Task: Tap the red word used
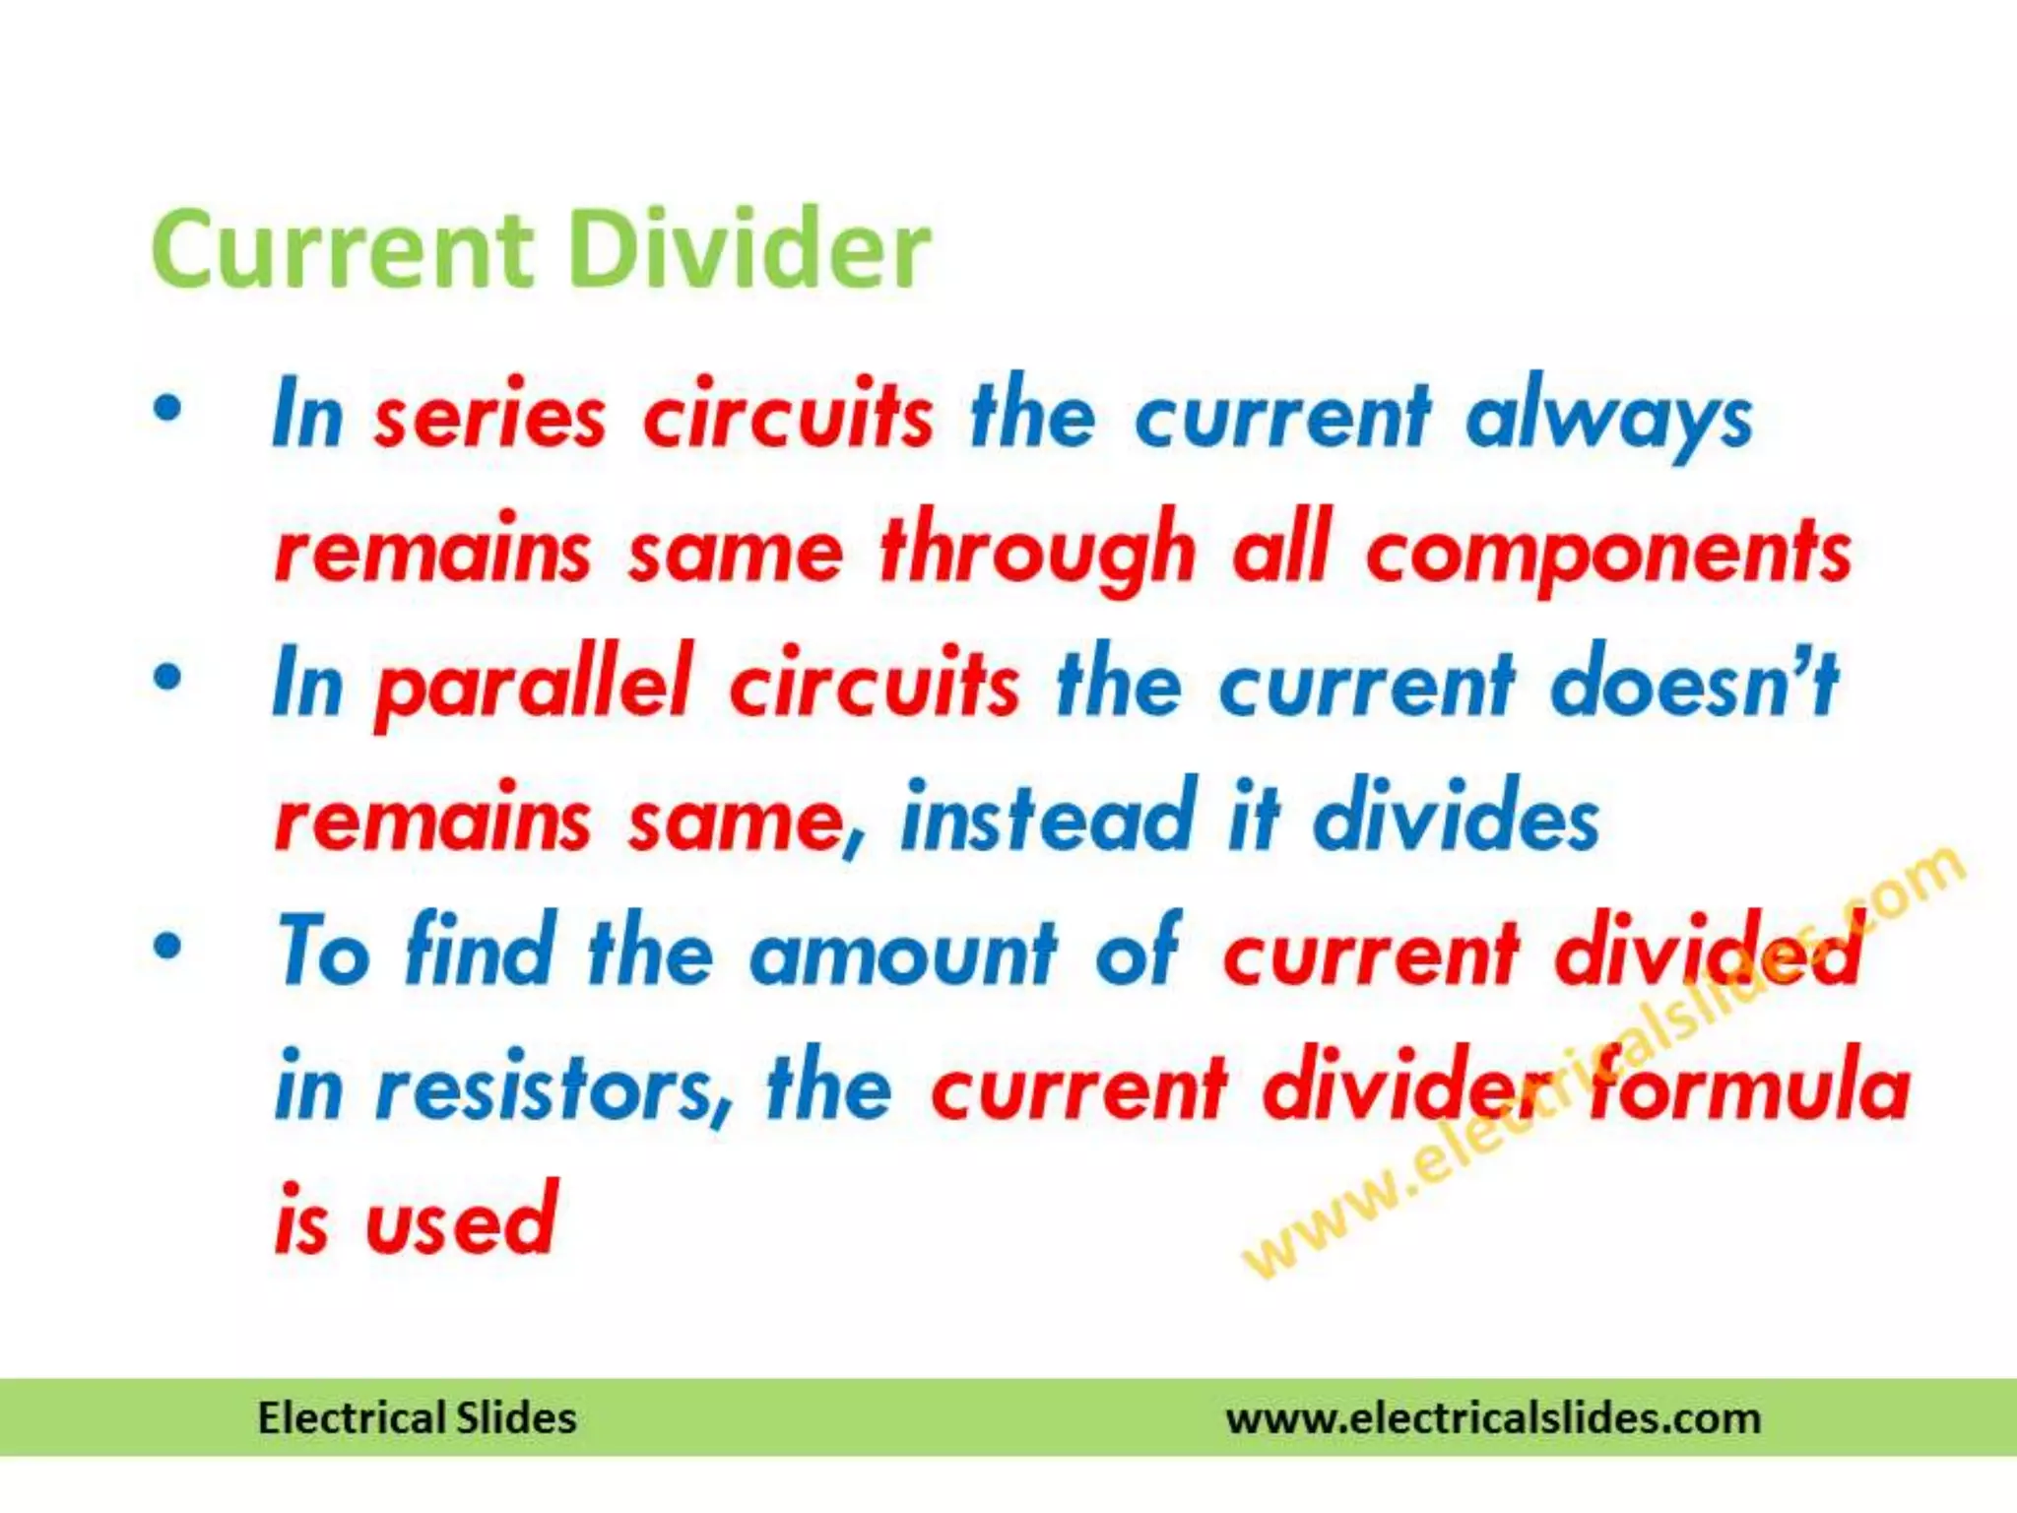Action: pyautogui.click(x=461, y=1221)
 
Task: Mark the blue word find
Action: pyautogui.click(x=481, y=952)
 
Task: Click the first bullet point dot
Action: pyautogui.click(x=168, y=409)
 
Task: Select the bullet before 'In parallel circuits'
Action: pyautogui.click(x=168, y=678)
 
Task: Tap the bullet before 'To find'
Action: pyautogui.click(x=168, y=947)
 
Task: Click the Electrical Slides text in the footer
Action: pyautogui.click(x=417, y=1418)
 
